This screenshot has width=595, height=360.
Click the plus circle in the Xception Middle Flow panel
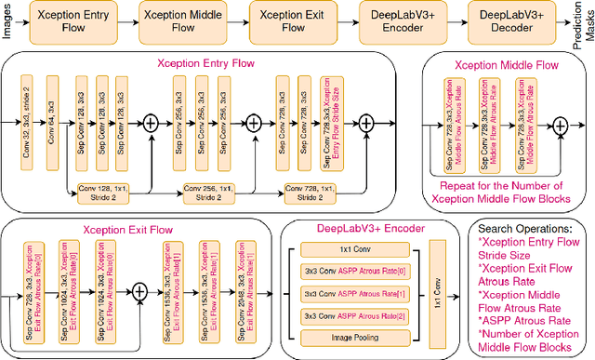tap(560, 129)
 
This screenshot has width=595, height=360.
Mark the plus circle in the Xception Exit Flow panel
tap(139, 292)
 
